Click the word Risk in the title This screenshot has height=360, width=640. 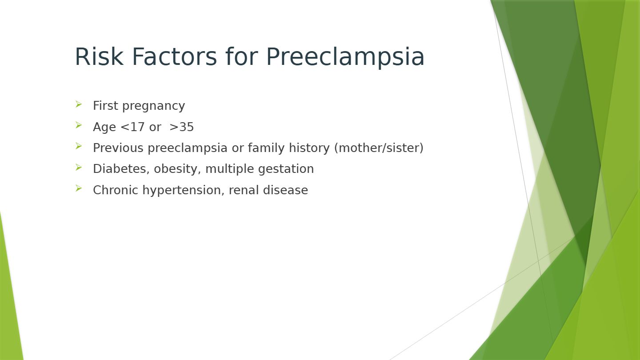(99, 56)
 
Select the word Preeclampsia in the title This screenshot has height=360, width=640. (345, 57)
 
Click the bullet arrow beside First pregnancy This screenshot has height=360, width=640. (79, 104)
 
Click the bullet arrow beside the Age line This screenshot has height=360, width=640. (79, 125)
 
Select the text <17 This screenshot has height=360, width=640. (132, 127)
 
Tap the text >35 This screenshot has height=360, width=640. (182, 127)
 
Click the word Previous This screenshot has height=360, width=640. (118, 148)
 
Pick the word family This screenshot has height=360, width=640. (266, 148)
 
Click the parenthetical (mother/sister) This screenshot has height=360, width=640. (379, 148)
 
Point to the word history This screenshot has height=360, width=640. (309, 148)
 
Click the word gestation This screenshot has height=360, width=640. (286, 169)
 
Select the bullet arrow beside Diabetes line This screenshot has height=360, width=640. (79, 168)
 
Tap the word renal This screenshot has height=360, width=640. (244, 190)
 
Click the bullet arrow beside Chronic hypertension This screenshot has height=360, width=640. (79, 188)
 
